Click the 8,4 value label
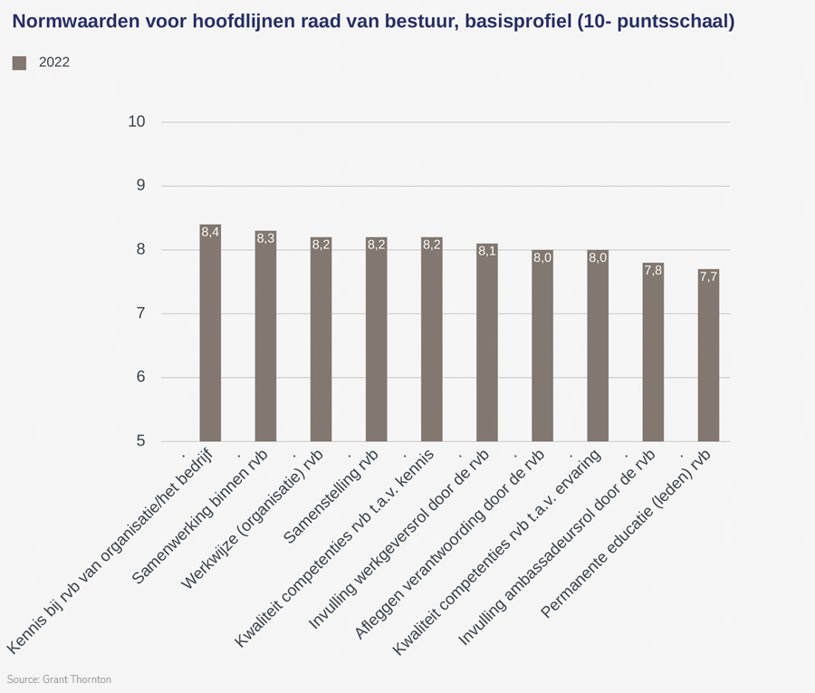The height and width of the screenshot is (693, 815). [210, 233]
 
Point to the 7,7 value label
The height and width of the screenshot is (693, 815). [708, 277]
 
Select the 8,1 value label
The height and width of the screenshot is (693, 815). [487, 251]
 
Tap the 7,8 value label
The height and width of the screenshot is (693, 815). [653, 271]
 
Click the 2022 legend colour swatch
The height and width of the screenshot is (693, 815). [19, 63]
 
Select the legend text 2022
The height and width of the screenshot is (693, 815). [54, 63]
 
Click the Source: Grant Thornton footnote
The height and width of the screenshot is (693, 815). [59, 679]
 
